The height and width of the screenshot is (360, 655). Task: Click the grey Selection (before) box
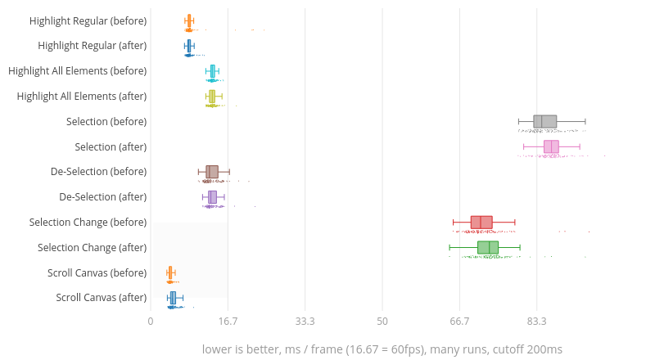[x=545, y=122]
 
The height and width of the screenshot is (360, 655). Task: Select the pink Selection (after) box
[x=551, y=146]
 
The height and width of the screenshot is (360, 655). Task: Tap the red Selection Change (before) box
[x=481, y=223]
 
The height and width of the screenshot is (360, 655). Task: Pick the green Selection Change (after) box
[x=488, y=248]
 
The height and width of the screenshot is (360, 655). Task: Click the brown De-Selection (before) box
[x=212, y=172]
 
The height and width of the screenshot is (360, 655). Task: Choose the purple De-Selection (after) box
[x=212, y=197]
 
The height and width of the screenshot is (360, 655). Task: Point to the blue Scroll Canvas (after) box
[x=173, y=298]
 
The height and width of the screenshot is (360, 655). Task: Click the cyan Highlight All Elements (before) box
[x=213, y=71]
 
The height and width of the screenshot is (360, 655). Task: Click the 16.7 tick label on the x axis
[x=228, y=322]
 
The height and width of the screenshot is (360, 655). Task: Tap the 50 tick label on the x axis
[x=382, y=322]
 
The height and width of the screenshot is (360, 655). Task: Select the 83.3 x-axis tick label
[x=537, y=322]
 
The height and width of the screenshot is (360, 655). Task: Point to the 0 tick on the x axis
[x=151, y=322]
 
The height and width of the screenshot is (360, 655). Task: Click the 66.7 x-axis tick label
[x=459, y=322]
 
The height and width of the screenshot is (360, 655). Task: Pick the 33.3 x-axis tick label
[x=305, y=322]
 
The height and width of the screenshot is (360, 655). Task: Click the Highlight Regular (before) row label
[x=88, y=20]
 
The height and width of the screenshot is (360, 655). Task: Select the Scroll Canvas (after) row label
[x=102, y=298]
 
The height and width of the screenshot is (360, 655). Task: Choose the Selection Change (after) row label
[x=93, y=248]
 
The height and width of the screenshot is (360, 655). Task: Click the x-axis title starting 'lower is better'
[x=382, y=349]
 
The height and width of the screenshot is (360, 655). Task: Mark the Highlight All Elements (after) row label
[x=82, y=97]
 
